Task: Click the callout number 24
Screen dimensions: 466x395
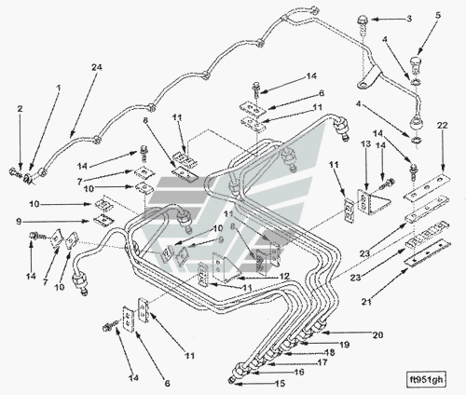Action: coord(97,67)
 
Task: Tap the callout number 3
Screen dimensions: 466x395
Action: coord(409,19)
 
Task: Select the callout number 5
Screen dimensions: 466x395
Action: coord(438,15)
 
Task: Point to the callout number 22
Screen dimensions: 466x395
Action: coord(443,126)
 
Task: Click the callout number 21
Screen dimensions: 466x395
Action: coord(366,301)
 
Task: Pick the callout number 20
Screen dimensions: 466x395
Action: coord(377,334)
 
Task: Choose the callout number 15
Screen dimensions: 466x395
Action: coord(280,384)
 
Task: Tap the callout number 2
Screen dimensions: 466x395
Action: coord(20,109)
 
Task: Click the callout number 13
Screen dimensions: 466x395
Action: coord(365,143)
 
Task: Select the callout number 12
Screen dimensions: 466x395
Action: coord(284,276)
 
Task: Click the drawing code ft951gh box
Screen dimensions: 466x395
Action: coord(426,379)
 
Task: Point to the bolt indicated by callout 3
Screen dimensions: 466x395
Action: coord(363,21)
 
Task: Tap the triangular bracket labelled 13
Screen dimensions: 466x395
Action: coord(374,202)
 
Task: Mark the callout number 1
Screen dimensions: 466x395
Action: coord(58,89)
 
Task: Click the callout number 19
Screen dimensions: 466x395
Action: coord(345,345)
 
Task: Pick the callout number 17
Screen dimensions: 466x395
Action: coord(322,362)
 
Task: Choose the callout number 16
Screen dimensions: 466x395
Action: coord(299,372)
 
